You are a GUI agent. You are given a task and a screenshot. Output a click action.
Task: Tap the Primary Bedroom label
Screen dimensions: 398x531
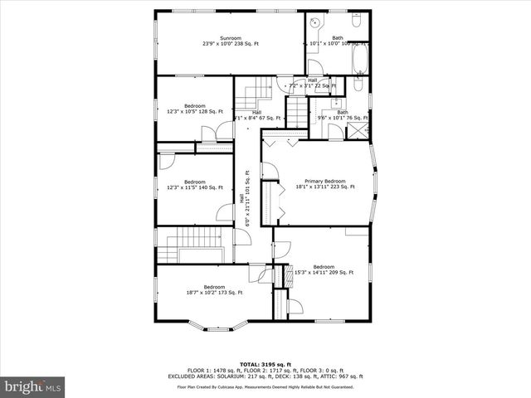pos(324,184)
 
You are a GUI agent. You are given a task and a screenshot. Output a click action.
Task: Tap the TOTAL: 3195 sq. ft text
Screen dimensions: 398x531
pos(265,364)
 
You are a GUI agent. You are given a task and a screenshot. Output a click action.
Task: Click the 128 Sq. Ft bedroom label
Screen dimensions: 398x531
pos(195,109)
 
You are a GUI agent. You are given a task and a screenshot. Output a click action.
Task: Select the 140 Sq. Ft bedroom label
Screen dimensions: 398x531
pos(195,185)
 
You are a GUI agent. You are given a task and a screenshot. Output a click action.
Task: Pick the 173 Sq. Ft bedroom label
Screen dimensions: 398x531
pos(214,289)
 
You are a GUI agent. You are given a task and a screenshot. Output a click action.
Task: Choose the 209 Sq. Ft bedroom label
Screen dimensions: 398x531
pos(324,269)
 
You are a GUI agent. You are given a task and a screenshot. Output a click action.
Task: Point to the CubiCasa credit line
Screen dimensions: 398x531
pos(265,387)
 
